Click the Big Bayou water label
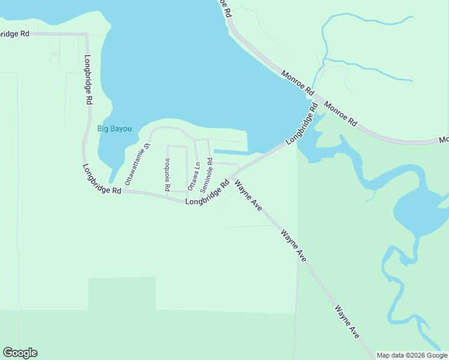point(114,128)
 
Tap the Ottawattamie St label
point(137,164)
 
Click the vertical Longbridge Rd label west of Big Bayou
point(88,80)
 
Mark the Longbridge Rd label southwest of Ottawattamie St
point(102,179)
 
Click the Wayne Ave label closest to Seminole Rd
point(249,196)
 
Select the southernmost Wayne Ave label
point(347,322)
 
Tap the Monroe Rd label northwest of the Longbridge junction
point(298,83)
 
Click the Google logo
point(20,353)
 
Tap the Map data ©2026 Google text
point(412,355)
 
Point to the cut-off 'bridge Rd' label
point(14,34)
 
